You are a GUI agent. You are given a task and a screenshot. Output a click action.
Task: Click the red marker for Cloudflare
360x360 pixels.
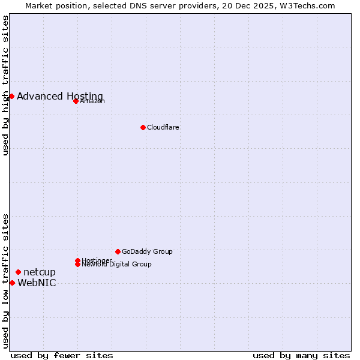(143, 127)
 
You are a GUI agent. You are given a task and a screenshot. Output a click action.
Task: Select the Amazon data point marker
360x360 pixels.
(76, 101)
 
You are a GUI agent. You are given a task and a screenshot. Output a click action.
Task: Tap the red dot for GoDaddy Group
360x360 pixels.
(118, 251)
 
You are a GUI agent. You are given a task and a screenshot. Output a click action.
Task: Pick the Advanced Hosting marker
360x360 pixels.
(11, 96)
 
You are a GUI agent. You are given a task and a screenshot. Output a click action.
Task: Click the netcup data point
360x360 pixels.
(18, 272)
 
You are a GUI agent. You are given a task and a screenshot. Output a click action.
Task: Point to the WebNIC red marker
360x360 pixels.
(12, 283)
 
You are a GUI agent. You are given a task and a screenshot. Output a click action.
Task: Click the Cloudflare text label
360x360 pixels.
(163, 127)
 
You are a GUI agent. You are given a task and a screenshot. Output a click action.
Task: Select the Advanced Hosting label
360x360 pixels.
(60, 97)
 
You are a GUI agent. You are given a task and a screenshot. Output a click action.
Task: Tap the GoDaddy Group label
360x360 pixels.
(147, 252)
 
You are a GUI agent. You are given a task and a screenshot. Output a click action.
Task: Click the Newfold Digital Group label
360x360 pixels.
(116, 265)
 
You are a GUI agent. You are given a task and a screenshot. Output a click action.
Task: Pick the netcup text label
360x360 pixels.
(40, 272)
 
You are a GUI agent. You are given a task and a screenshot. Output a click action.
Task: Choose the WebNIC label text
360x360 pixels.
(37, 283)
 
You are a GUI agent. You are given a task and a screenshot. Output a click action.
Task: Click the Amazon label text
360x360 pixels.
(92, 101)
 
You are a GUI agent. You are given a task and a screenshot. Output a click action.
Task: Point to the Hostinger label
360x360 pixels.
(97, 260)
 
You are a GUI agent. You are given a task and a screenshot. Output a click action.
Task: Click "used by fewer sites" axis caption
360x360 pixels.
(62, 355)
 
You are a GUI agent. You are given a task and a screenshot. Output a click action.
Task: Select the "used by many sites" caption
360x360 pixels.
(301, 355)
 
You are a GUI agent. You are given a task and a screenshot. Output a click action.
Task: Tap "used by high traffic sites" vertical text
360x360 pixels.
(5, 85)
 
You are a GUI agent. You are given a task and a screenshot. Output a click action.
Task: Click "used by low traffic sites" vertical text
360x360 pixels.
(5, 280)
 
